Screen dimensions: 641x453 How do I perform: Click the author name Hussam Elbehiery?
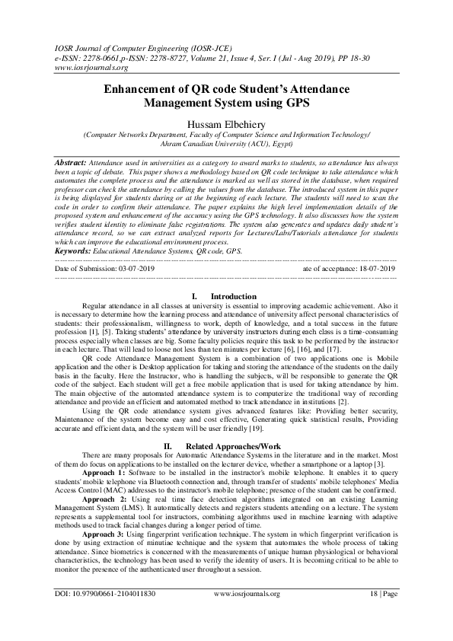(x=226, y=123)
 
